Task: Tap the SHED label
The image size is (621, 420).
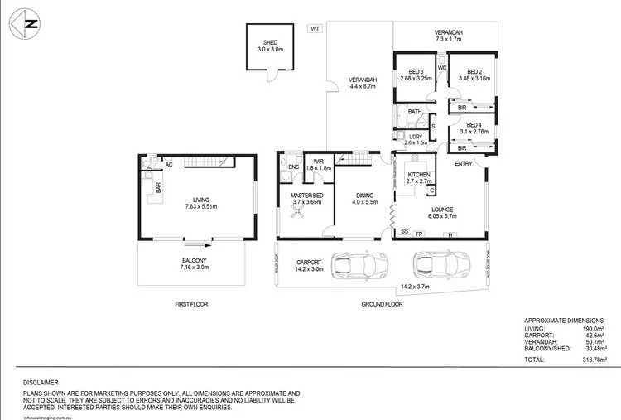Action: (x=270, y=42)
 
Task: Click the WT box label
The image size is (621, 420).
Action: (x=315, y=28)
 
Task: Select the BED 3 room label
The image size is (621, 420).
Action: (x=415, y=71)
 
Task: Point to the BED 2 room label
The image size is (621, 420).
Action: (x=474, y=71)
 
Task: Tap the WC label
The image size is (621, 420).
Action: (x=442, y=67)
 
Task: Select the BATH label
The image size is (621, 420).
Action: (x=415, y=112)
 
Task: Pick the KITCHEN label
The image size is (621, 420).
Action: (x=418, y=174)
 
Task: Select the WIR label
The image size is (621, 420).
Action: (x=318, y=162)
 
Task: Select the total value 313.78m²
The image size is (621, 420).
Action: (x=593, y=360)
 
